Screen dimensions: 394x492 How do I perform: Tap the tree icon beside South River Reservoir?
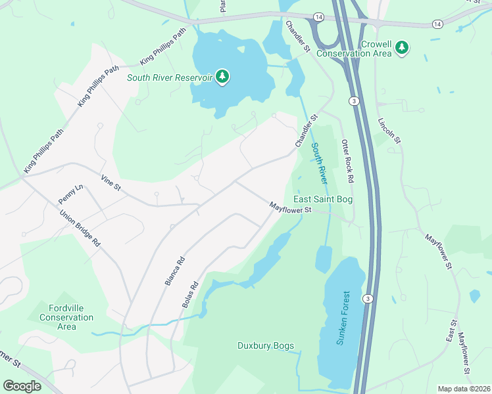coord(223,77)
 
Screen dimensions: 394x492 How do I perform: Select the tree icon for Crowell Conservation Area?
coord(403,48)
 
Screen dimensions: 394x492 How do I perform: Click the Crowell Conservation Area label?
coord(366,49)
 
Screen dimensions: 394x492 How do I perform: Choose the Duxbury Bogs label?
coord(265,345)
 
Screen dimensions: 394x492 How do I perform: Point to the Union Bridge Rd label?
coord(80,228)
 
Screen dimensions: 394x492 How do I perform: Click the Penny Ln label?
coord(71,194)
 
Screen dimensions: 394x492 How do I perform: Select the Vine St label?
coord(111,182)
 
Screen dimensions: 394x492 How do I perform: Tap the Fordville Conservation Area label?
coord(71,317)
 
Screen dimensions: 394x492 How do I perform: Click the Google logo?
coord(22,386)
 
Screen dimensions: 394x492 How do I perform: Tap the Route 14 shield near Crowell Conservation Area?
coord(437,24)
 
